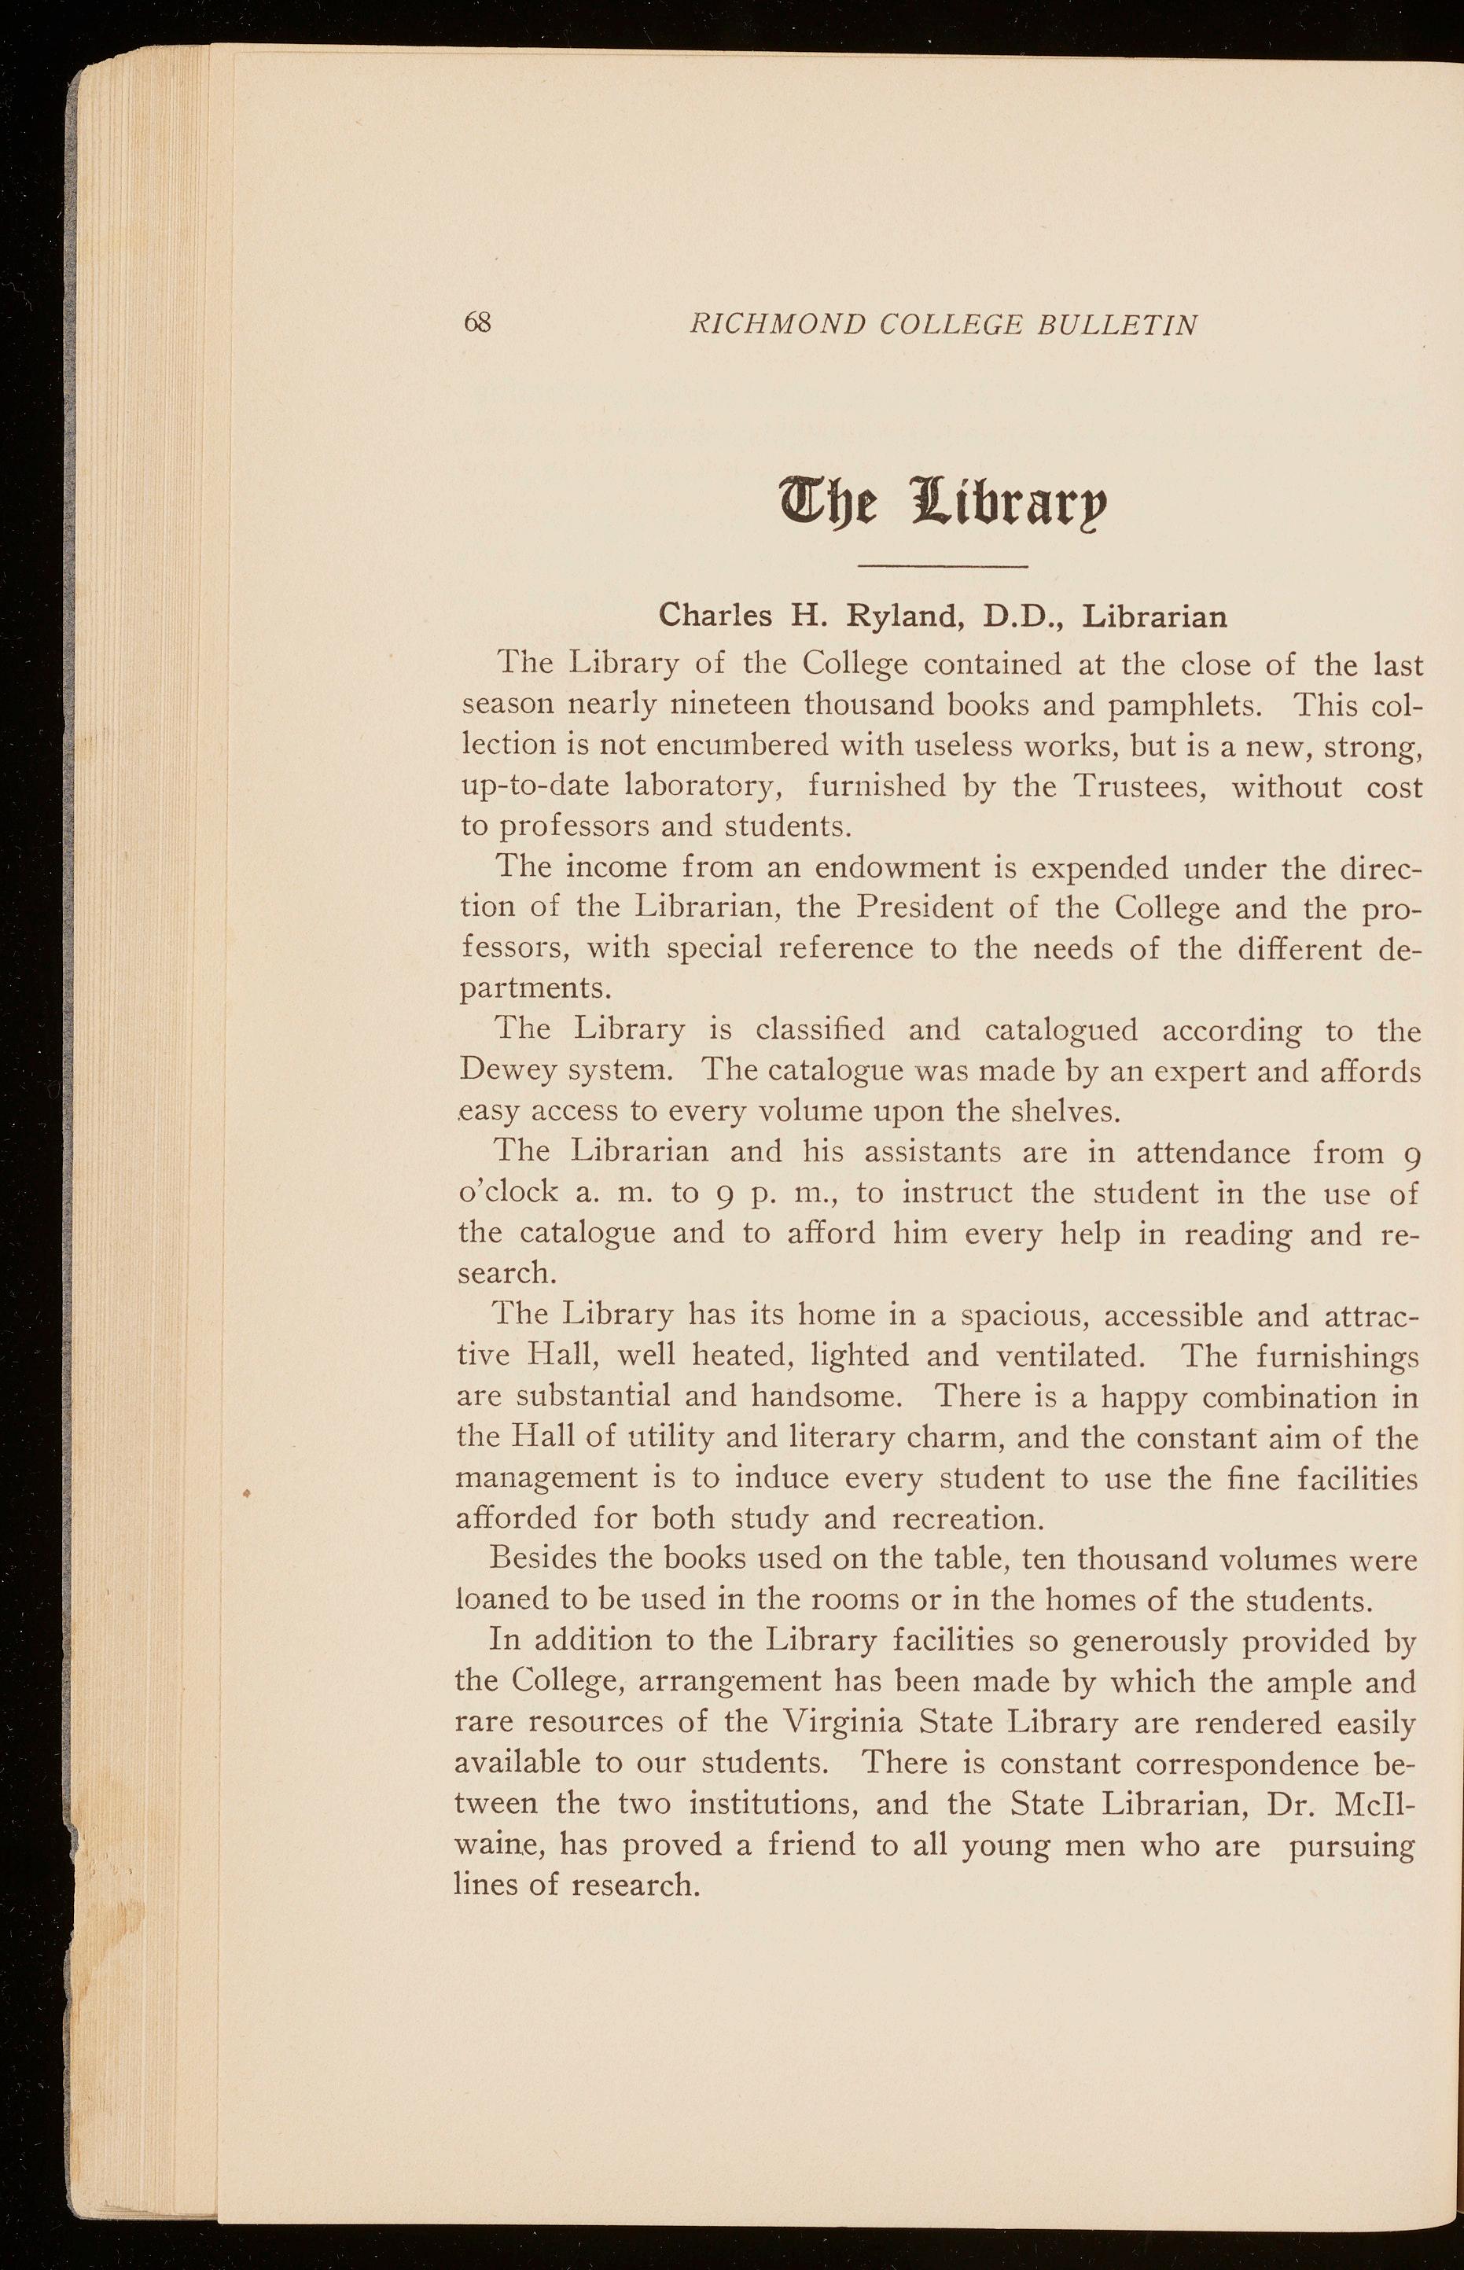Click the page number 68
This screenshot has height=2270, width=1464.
click(x=476, y=323)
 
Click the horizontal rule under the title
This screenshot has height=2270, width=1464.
click(x=943, y=568)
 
